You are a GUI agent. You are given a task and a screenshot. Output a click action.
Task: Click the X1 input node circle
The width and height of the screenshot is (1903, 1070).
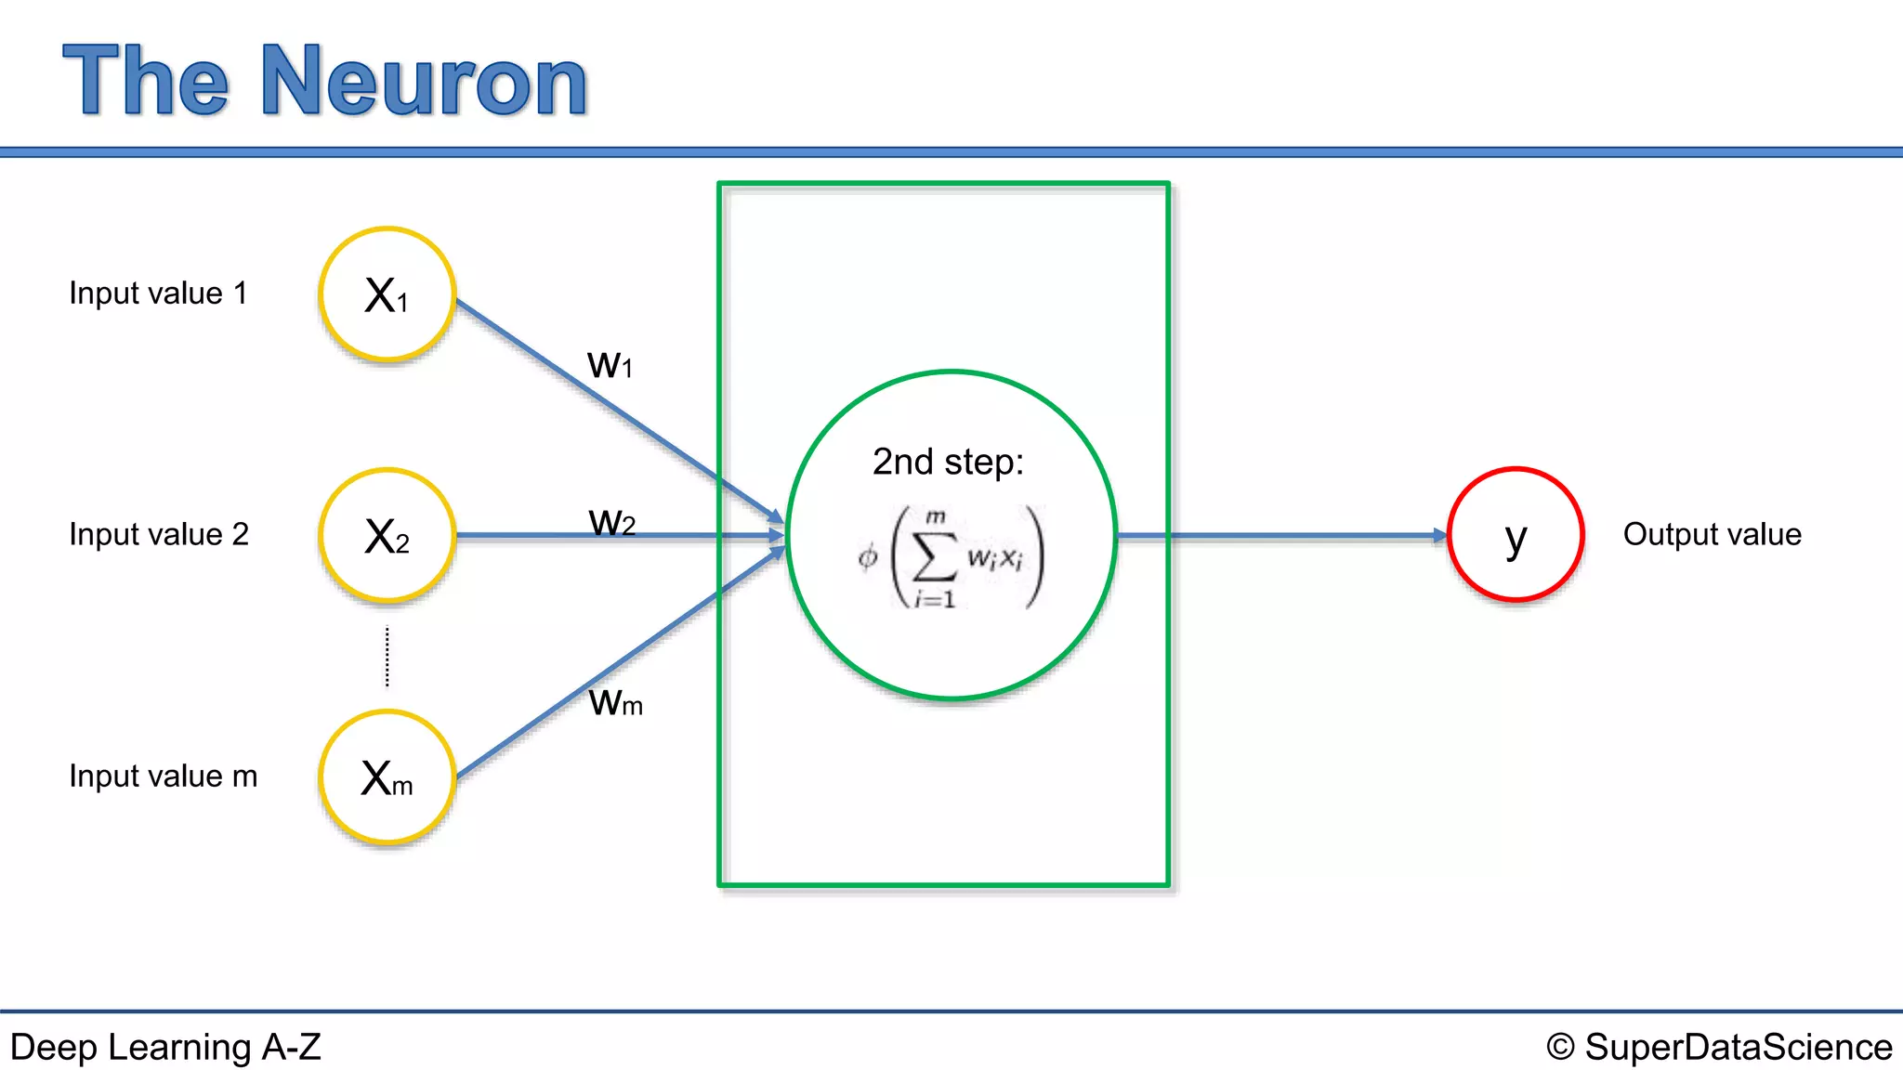(x=387, y=294)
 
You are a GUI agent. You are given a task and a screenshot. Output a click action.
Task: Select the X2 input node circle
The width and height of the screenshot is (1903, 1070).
(x=387, y=536)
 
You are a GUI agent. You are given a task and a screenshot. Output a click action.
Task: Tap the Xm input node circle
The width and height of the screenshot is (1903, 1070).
(x=387, y=777)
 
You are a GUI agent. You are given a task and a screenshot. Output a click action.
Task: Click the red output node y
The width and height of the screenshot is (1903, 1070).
(x=1516, y=535)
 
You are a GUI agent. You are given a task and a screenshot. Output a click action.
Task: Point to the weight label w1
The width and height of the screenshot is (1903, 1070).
(x=610, y=364)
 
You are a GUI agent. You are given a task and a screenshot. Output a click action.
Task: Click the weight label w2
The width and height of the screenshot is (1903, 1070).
(x=612, y=522)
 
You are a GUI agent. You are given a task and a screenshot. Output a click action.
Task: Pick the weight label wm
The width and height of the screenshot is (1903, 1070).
(x=615, y=702)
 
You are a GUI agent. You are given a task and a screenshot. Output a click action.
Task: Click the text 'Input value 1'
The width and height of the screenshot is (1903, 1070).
(x=159, y=294)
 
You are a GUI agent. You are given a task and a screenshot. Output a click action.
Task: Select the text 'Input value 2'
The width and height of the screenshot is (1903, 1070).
(x=159, y=535)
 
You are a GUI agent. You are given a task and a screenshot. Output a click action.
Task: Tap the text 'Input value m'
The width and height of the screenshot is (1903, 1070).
(x=164, y=776)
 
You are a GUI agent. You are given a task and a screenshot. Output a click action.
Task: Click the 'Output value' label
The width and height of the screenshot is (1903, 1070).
(x=1712, y=535)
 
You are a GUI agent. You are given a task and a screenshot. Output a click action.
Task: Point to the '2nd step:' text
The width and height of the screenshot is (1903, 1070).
(x=948, y=462)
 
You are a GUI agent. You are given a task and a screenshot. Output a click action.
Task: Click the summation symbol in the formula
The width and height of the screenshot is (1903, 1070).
(x=934, y=557)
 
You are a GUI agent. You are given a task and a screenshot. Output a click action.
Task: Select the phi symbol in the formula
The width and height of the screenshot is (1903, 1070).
(x=868, y=557)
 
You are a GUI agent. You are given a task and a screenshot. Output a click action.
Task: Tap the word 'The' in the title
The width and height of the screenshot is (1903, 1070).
(x=146, y=82)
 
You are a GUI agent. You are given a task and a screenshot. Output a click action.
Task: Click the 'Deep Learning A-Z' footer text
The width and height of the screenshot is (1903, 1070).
(x=165, y=1047)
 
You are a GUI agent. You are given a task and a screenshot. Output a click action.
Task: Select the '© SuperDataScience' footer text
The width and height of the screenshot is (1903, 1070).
(x=1719, y=1047)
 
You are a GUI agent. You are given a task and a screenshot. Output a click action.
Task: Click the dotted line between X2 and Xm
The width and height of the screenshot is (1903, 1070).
(x=387, y=657)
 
